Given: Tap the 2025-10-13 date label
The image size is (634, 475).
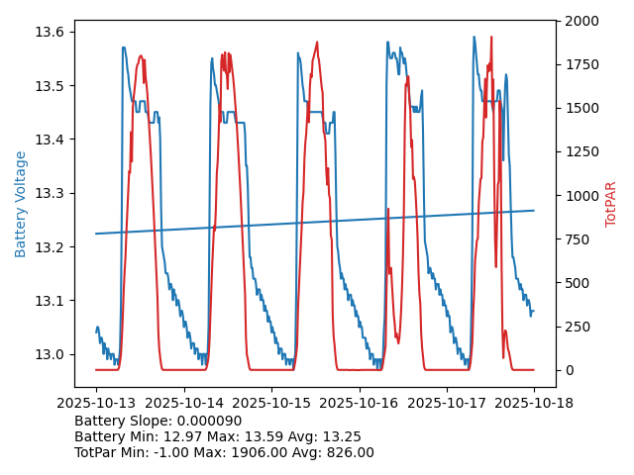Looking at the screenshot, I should [x=96, y=403].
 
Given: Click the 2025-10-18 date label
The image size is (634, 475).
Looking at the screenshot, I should [x=534, y=403].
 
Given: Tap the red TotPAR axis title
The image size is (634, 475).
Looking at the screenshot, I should [x=611, y=204].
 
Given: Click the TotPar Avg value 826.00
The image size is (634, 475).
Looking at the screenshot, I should [x=351, y=452].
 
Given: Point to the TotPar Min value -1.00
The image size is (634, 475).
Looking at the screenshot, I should [x=191, y=452].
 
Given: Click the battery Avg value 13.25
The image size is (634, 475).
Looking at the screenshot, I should [x=343, y=436].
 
